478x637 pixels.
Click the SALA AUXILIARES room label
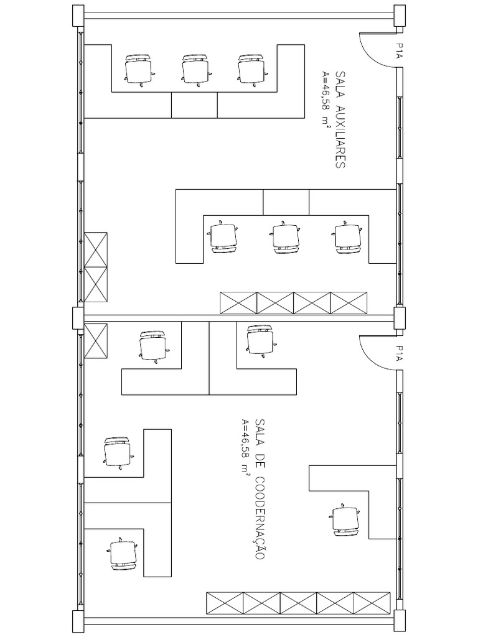341,120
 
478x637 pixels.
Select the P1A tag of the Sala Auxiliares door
399,50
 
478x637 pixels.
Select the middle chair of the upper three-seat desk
195,69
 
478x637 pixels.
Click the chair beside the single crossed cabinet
153,346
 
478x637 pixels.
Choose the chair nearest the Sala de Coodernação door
260,340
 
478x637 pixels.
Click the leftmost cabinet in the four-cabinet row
238,303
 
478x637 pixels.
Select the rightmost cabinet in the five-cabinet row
372,604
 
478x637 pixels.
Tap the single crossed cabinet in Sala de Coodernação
96,342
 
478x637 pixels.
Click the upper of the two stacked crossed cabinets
96,249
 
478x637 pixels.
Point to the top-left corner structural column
78,15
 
